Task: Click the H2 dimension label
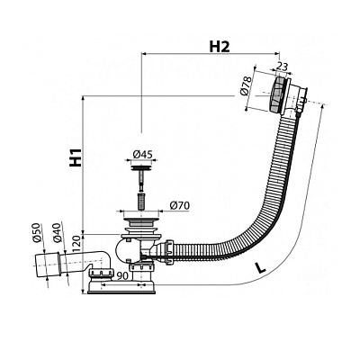(x=220, y=47)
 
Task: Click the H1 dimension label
(x=76, y=157)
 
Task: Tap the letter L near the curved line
(x=260, y=267)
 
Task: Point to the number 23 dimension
(x=282, y=67)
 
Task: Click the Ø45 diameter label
(x=142, y=155)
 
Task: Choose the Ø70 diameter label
(x=179, y=206)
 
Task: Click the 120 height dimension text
(x=76, y=244)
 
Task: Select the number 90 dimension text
(x=122, y=275)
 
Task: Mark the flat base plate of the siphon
(x=121, y=291)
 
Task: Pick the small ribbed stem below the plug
(x=140, y=201)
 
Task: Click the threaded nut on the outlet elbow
(x=102, y=273)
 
